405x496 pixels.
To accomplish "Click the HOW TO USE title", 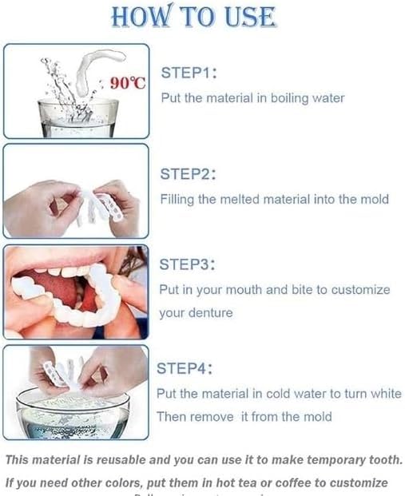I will [x=194, y=18].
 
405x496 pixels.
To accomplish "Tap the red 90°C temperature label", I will [x=127, y=84].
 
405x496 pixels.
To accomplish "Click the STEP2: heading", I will [x=189, y=174].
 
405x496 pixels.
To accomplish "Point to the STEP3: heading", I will [x=188, y=264].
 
